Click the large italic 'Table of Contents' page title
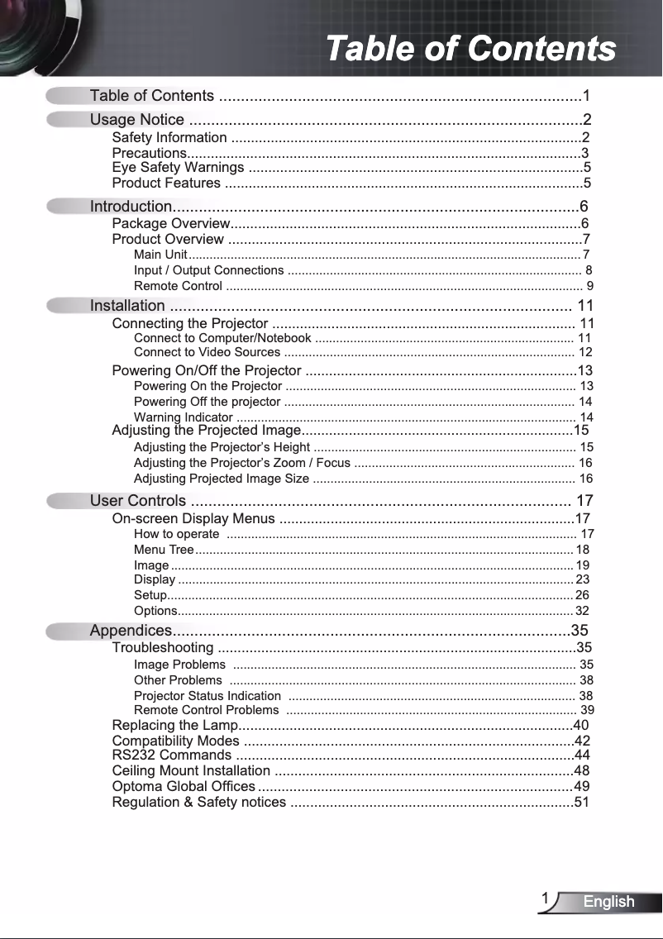coord(470,48)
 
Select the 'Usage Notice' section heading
coord(136,121)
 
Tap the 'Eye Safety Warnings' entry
coord(178,169)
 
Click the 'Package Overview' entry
coord(170,224)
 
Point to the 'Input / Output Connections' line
coord(208,270)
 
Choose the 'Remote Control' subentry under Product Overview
coord(178,287)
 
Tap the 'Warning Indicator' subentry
coord(183,417)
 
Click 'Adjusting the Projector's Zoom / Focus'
coord(242,463)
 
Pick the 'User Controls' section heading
coord(138,501)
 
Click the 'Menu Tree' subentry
coord(164,550)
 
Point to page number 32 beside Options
coord(582,612)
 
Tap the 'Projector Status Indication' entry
coord(207,696)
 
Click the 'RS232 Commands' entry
coord(171,755)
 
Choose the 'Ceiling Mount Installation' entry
coord(191,771)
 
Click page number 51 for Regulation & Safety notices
coord(582,802)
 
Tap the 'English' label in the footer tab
coord(608,902)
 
